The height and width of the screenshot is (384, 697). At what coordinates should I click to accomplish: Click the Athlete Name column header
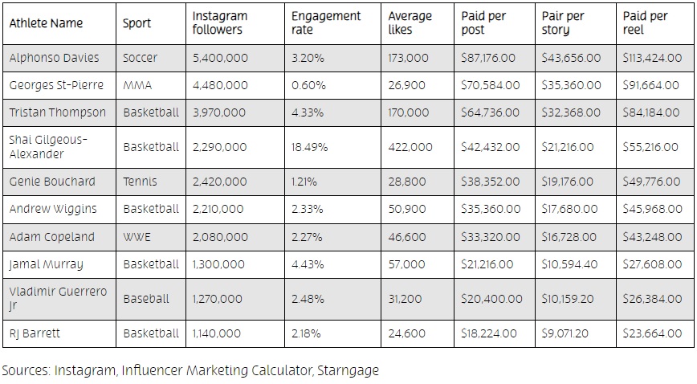[x=46, y=22]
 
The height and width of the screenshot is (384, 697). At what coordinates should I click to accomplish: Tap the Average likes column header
[x=410, y=22]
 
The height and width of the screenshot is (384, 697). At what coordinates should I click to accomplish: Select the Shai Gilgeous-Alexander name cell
[x=48, y=147]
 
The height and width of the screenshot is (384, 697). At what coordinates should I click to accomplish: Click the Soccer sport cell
[x=141, y=58]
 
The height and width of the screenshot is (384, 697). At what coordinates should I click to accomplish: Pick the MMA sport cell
[x=137, y=85]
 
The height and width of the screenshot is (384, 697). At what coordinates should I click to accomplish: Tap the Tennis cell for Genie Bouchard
[x=140, y=182]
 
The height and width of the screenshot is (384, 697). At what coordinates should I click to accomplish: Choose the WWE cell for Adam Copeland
[x=137, y=237]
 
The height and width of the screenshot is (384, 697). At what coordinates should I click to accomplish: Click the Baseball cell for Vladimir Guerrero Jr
[x=146, y=298]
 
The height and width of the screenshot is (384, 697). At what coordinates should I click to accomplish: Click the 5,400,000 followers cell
[x=220, y=58]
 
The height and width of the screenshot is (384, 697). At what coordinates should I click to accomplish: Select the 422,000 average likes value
[x=410, y=147]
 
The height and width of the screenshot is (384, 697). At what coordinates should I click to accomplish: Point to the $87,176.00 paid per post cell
[x=490, y=58]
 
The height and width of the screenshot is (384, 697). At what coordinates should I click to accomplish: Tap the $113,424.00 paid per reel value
[x=652, y=58]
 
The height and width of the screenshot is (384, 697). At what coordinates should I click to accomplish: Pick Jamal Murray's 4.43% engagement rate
[x=308, y=264]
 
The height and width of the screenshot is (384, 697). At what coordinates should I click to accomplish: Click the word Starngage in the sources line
[x=348, y=370]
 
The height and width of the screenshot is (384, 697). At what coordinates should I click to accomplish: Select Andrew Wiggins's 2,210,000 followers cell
[x=218, y=209]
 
